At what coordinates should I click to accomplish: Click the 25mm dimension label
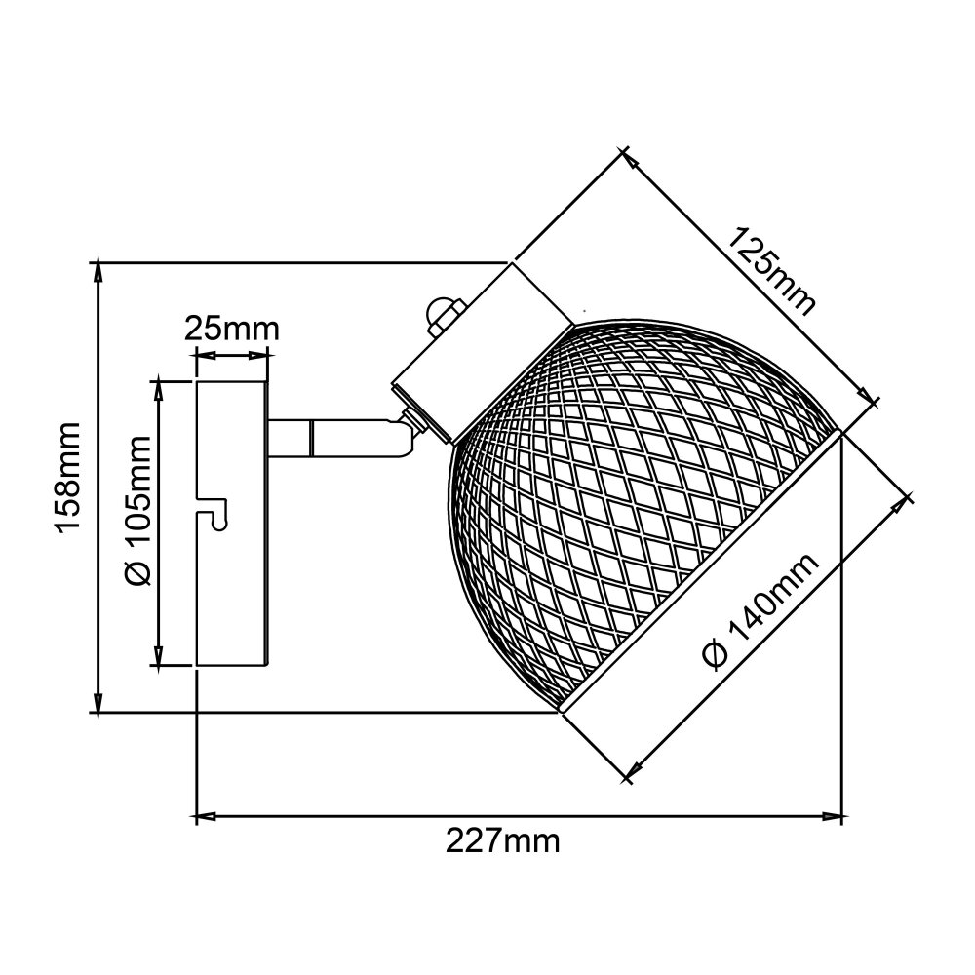pyautogui.click(x=231, y=330)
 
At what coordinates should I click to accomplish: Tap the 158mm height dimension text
pyautogui.click(x=68, y=478)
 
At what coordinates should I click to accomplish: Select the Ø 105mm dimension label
pyautogui.click(x=138, y=511)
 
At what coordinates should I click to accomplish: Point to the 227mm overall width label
pyautogui.click(x=502, y=842)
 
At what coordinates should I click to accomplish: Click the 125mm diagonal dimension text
pyautogui.click(x=771, y=272)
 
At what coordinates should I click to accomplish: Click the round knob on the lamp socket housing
pyautogui.click(x=444, y=314)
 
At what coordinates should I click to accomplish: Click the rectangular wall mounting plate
pyautogui.click(x=232, y=524)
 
